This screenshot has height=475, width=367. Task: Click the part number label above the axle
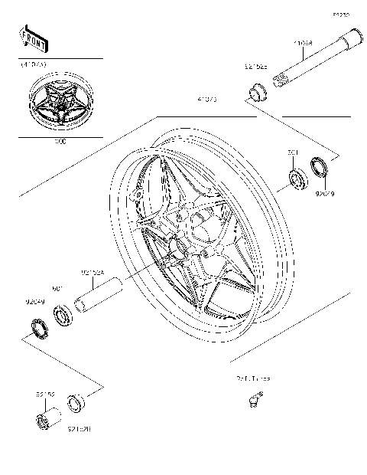coord(304,43)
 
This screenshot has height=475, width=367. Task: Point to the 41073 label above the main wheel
coord(206,100)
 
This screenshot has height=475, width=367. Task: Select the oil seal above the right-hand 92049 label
coord(319,167)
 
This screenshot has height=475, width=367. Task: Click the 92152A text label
coord(93,270)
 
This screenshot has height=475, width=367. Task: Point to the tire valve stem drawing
coord(255,397)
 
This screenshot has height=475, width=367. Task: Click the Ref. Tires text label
coord(252,378)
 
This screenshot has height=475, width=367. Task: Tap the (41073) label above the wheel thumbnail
coord(33,64)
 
